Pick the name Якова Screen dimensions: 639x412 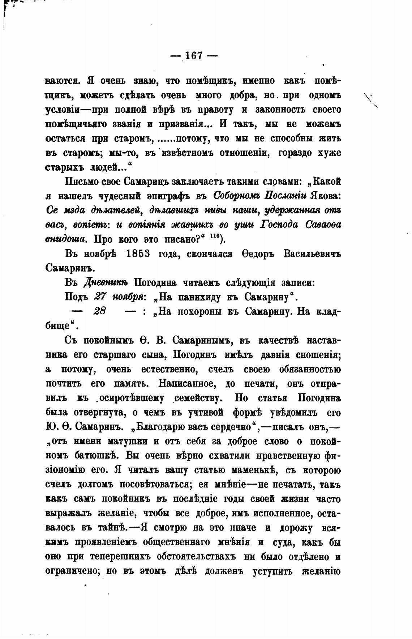324,196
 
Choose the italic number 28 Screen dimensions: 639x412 100,311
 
